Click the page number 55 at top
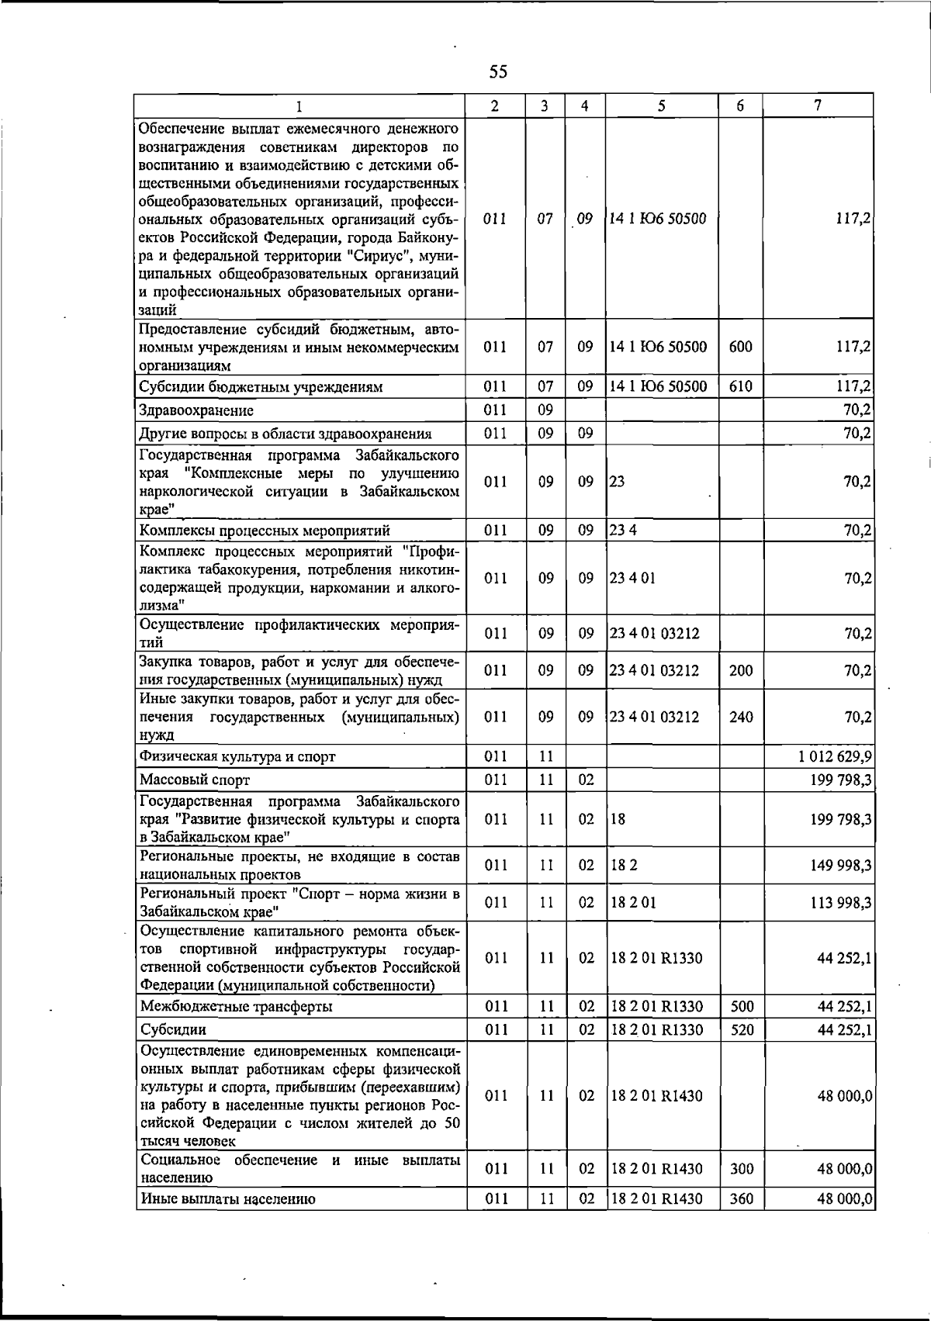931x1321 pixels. coord(498,72)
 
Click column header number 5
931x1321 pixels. coord(661,106)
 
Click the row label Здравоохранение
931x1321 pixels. coord(196,410)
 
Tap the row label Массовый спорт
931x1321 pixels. coord(195,780)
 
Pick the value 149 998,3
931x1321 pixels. coord(839,865)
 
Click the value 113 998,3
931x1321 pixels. coord(839,902)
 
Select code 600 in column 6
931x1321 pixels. coord(741,347)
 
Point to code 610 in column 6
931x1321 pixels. coord(741,386)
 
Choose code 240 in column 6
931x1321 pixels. coord(741,717)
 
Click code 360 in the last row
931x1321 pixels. coord(742,1220)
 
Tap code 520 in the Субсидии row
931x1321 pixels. coord(742,1030)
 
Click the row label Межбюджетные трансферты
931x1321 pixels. coord(237,1007)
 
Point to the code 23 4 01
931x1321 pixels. coord(632,578)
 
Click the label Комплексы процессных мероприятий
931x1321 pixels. coord(265,531)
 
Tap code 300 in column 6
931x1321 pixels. coord(742,1169)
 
